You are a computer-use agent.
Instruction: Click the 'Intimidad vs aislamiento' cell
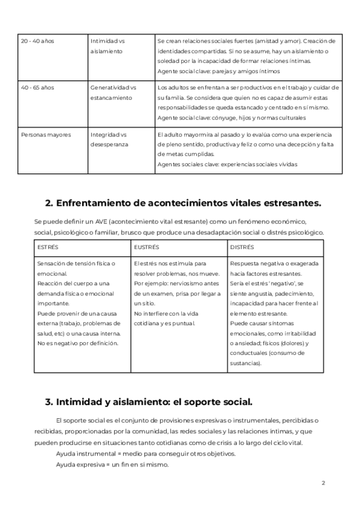(x=107, y=46)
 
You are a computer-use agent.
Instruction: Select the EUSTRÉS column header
(x=146, y=247)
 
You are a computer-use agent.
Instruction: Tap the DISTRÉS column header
(x=242, y=247)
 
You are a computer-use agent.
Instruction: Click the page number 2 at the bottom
(x=323, y=483)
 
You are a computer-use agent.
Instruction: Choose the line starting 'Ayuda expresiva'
(x=112, y=465)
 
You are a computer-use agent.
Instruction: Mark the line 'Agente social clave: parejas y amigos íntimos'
(x=218, y=71)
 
